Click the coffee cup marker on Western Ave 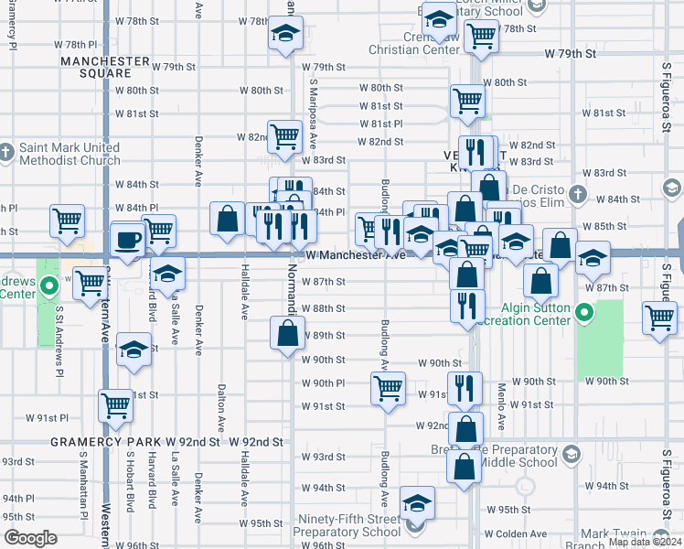128,241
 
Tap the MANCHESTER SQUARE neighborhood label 104,68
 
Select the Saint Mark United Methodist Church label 68,154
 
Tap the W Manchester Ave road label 355,255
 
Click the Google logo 30,538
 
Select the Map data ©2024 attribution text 646,542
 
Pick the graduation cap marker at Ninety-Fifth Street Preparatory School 417,504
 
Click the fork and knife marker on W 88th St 467,306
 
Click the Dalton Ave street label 221,408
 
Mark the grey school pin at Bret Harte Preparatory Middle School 572,454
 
